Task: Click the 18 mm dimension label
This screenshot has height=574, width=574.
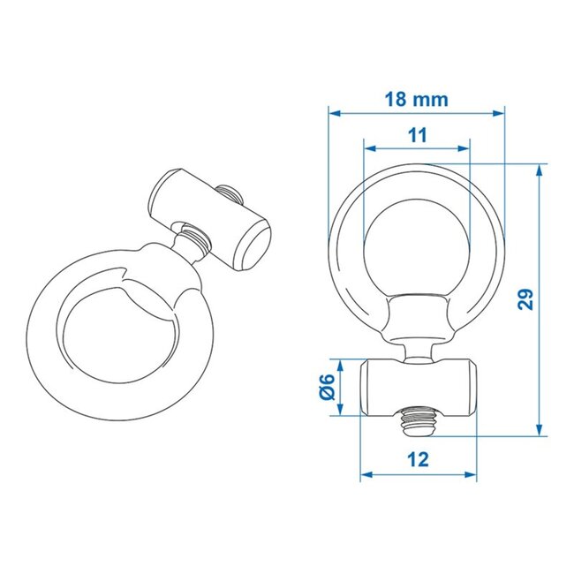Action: click(x=416, y=100)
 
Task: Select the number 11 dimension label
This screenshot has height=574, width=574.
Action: click(x=417, y=135)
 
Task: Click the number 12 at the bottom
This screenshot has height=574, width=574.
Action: click(x=419, y=459)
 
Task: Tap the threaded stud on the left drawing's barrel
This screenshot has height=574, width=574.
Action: click(x=229, y=192)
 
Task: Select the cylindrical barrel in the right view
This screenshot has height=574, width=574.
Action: click(x=419, y=388)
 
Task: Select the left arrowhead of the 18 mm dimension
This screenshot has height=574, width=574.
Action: click(x=333, y=112)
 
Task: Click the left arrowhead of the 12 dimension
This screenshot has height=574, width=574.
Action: click(x=365, y=475)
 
